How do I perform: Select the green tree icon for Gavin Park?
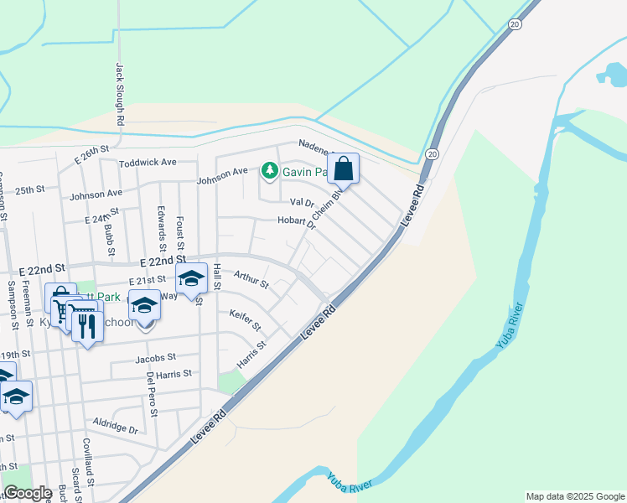point(269,172)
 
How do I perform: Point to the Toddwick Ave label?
point(148,162)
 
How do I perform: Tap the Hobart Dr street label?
point(297,222)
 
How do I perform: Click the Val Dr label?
point(301,203)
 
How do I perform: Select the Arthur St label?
point(251,278)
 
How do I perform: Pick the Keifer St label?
point(245,319)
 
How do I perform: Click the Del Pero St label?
point(152,395)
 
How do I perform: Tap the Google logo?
point(28,494)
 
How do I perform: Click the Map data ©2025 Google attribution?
point(574,496)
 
